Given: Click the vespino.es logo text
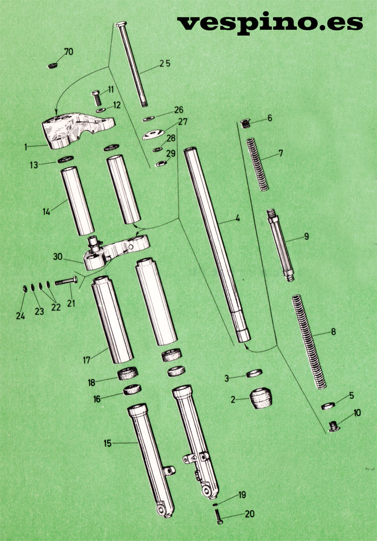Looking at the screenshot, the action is [x=270, y=24].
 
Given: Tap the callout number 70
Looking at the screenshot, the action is [x=69, y=52].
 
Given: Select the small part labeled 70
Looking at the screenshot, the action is [x=53, y=65].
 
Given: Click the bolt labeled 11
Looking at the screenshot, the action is [x=97, y=98].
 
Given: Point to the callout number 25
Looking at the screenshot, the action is [x=165, y=63].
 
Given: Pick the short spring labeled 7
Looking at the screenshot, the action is [x=257, y=164].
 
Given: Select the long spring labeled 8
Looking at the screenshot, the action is [x=309, y=341].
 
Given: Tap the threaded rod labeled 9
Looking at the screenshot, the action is [x=281, y=245].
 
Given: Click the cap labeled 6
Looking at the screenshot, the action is [x=245, y=123].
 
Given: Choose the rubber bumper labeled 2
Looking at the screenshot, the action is [x=261, y=398].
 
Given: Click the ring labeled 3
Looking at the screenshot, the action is [x=254, y=373].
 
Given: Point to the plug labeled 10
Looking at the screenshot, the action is [x=334, y=426].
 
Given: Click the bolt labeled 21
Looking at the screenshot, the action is [x=66, y=281].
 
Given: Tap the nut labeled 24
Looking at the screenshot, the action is [x=25, y=288].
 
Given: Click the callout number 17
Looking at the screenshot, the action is [x=86, y=360].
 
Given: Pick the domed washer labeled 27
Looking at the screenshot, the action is [x=153, y=134].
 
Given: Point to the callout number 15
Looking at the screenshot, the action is [x=108, y=443].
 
